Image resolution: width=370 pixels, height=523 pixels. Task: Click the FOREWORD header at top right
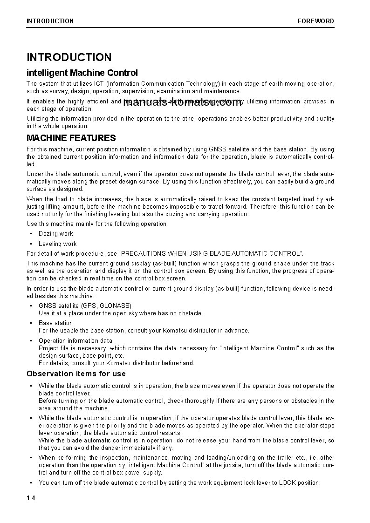click(x=316, y=21)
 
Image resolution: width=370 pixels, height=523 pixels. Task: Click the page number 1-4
click(x=31, y=498)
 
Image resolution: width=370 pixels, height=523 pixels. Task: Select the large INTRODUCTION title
click(x=69, y=57)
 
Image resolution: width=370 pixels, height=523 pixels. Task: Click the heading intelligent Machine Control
click(x=82, y=73)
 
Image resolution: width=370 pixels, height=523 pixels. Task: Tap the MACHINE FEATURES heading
click(x=71, y=138)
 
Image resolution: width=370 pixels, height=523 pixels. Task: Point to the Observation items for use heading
click(x=76, y=374)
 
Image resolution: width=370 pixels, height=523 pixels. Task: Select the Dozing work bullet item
click(x=56, y=234)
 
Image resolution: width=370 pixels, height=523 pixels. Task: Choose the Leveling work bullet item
click(x=58, y=244)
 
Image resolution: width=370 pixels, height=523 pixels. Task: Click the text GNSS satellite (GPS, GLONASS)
click(x=85, y=306)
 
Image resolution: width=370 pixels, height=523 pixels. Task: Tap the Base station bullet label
click(x=55, y=323)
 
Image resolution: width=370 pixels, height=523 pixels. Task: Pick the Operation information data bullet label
click(x=75, y=340)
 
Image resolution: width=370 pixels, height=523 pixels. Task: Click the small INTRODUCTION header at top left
click(x=50, y=21)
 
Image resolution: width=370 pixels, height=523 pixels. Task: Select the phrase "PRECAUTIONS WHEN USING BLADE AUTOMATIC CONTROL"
click(x=211, y=253)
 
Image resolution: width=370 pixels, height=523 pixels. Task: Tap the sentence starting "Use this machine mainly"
click(x=97, y=224)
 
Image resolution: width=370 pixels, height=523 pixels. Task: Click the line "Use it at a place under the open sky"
click(x=121, y=313)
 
